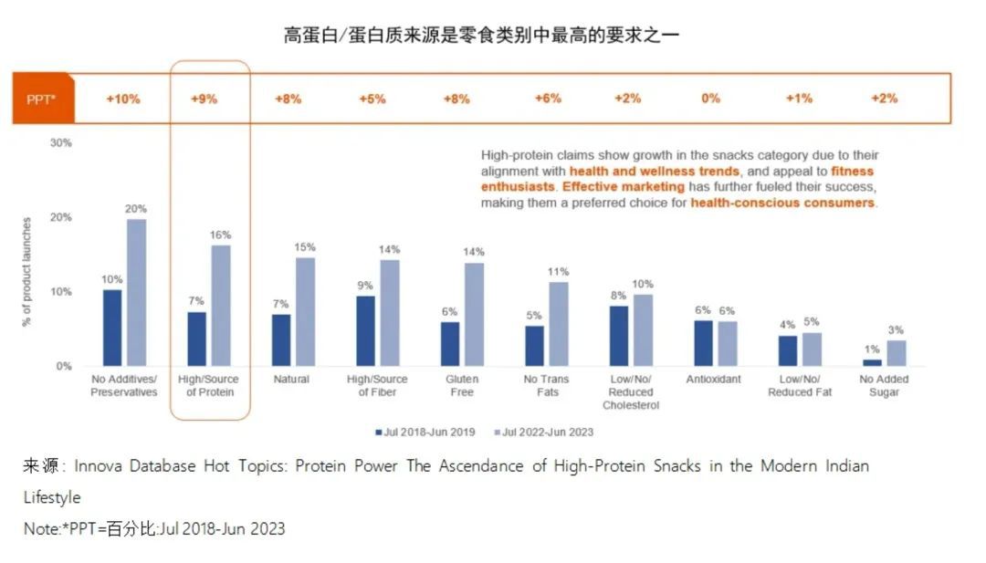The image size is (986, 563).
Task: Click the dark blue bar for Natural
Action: tap(281, 339)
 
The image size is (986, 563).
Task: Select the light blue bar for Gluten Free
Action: tap(474, 314)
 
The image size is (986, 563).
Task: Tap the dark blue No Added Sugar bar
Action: tap(873, 362)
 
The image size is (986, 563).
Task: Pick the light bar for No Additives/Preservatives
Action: tap(136, 292)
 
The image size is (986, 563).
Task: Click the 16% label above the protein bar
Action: tap(220, 235)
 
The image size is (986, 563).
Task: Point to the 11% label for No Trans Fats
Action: tap(558, 271)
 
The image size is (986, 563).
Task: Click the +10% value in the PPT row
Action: tap(123, 99)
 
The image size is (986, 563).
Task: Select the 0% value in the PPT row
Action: tap(710, 99)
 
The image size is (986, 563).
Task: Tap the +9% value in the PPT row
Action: tap(204, 99)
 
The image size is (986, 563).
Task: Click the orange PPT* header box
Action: tap(42, 99)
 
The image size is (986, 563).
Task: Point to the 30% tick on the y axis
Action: tap(61, 143)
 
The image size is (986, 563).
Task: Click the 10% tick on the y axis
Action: tap(61, 292)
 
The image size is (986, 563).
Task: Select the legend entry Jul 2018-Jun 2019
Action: tap(425, 432)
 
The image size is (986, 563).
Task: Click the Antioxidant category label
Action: tap(714, 379)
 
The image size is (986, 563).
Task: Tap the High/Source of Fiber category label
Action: tap(377, 385)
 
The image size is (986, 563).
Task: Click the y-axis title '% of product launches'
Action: tap(27, 272)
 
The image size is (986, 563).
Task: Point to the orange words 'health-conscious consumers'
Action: tap(782, 203)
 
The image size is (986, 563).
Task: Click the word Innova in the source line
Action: tap(101, 466)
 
